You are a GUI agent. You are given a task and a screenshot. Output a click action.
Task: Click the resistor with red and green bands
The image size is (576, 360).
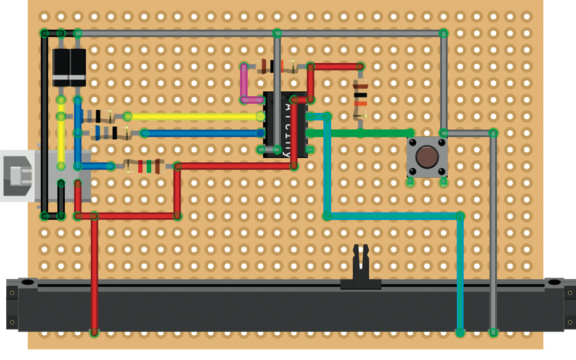point(144,166)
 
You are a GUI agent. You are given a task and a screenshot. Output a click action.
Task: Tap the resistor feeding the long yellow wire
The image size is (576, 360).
point(99,116)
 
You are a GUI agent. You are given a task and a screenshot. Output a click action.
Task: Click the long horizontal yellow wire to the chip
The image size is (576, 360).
point(191,116)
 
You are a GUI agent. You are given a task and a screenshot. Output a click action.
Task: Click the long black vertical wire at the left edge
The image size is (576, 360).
point(44,123)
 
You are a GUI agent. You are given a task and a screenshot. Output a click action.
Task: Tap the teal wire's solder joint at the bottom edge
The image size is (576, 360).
point(459,333)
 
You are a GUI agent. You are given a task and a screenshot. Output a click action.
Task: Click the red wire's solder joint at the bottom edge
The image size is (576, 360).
point(94,333)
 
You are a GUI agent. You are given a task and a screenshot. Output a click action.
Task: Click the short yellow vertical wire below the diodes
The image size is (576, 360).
point(61,133)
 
